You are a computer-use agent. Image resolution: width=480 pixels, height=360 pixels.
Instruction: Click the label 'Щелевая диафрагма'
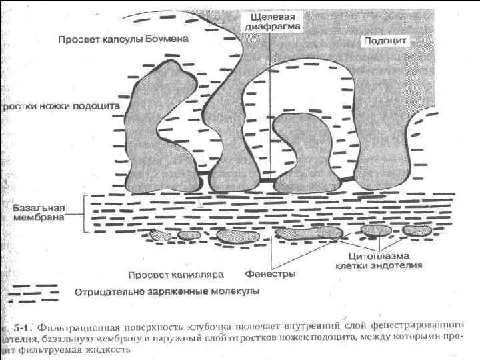[x=269, y=21]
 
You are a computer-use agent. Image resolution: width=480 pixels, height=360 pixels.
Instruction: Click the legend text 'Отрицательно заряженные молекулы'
[x=167, y=291]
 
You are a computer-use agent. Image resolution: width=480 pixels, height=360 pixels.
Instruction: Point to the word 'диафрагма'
[x=269, y=27]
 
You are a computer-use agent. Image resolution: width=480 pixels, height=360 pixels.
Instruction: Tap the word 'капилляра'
[x=202, y=274]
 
